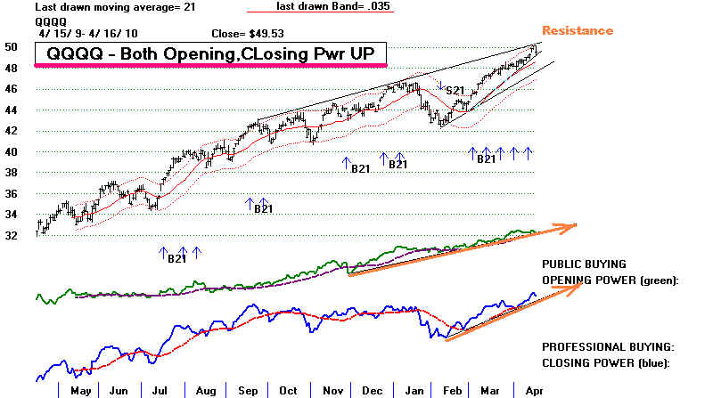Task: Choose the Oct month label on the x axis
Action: pyautogui.click(x=288, y=389)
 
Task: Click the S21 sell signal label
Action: pyautogui.click(x=455, y=90)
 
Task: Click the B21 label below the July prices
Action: pyautogui.click(x=176, y=259)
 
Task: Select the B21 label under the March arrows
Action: pyautogui.click(x=486, y=159)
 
